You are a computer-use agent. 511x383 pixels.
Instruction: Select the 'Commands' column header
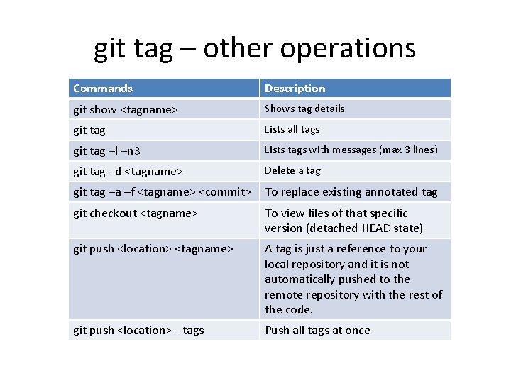[103, 89]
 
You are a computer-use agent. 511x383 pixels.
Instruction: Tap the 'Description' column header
[295, 89]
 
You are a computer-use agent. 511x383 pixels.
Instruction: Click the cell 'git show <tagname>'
[126, 109]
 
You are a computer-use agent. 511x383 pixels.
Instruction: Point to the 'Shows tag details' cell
[304, 109]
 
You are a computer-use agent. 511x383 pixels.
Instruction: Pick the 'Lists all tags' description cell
[292, 129]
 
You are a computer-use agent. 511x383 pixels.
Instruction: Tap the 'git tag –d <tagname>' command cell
[128, 171]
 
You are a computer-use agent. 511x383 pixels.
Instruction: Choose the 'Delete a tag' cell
[292, 170]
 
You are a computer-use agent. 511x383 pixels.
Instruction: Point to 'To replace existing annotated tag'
[351, 191]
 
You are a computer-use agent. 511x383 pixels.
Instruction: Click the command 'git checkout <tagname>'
[135, 213]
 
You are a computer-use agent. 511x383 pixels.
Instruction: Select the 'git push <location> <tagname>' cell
[153, 248]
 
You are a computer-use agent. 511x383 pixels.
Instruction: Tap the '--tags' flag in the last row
[189, 331]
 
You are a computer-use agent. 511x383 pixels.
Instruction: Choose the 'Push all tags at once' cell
[317, 331]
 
